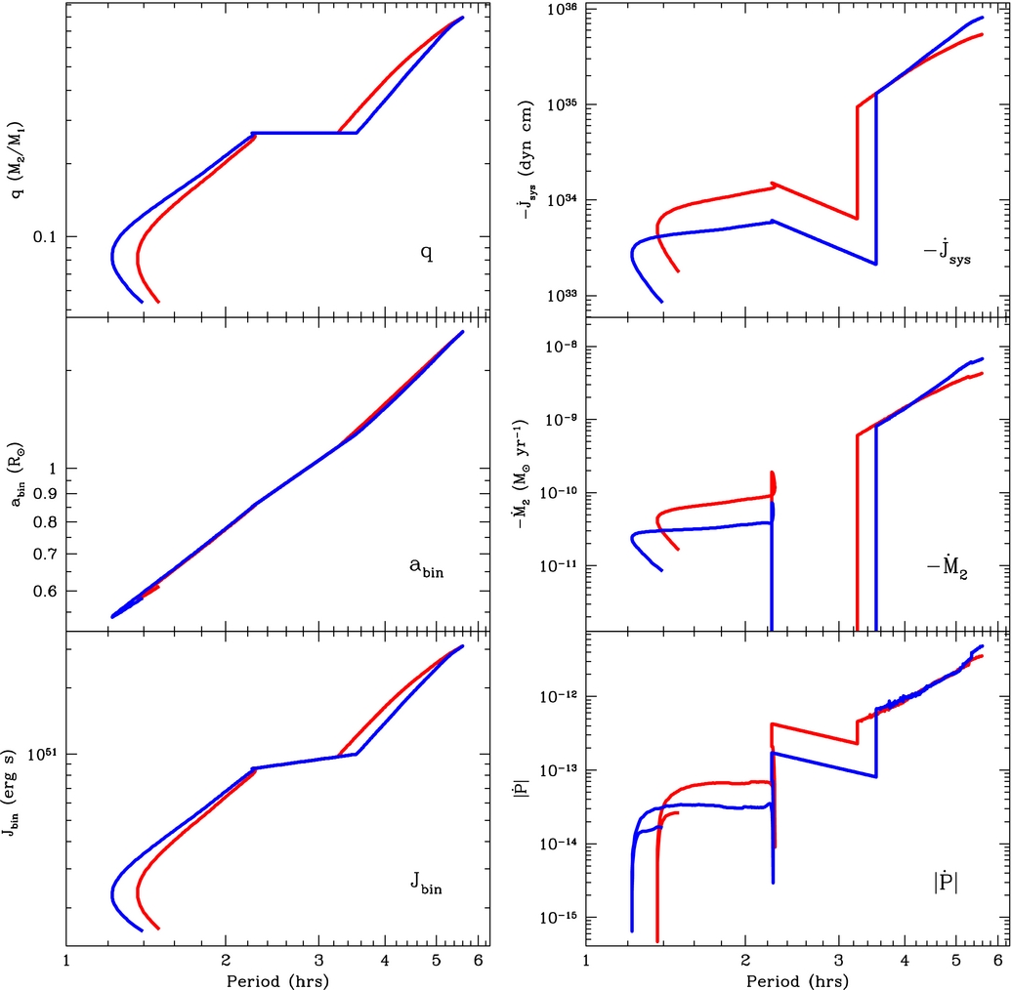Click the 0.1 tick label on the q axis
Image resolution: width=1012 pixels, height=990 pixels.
coord(47,237)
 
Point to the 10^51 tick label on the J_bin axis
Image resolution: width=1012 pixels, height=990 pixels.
coord(44,753)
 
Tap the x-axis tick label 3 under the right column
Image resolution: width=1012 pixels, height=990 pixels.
coord(838,961)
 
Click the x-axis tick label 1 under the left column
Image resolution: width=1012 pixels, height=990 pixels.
coord(65,961)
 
